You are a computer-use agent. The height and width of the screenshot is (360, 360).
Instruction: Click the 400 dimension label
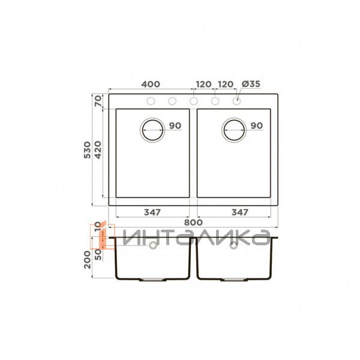coord(151,84)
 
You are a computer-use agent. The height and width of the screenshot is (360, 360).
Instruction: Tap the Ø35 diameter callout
coord(251,84)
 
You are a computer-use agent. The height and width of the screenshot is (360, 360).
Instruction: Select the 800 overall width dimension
coord(193,223)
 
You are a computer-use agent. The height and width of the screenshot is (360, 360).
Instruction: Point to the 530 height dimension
coord(88,150)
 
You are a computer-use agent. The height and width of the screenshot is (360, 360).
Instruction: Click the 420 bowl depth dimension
coord(98,150)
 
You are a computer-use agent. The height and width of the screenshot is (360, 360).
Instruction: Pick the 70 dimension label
coord(98,101)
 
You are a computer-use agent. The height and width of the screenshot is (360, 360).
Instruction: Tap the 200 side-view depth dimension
coord(88,260)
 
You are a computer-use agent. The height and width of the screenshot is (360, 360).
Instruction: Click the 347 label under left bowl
coord(152,212)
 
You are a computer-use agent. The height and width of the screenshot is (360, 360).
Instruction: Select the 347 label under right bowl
coord(240,212)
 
